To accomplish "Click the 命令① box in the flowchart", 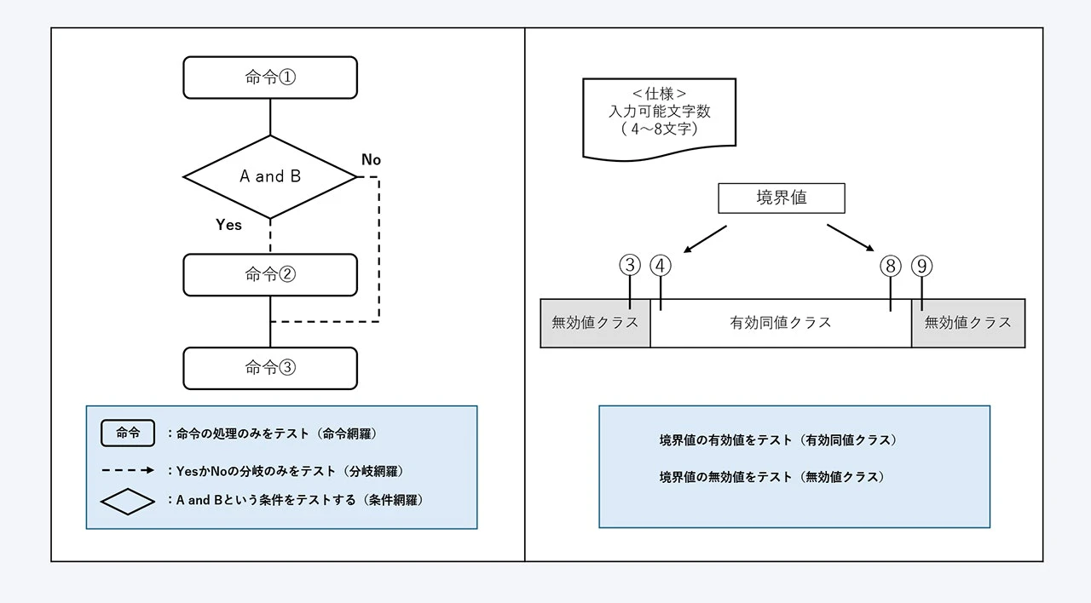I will [x=270, y=78].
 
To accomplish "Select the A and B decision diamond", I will [x=270, y=177].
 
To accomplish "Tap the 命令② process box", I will [x=270, y=274].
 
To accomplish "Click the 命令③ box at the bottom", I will [x=270, y=368].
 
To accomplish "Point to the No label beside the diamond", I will [x=371, y=160].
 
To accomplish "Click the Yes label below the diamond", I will [x=228, y=225].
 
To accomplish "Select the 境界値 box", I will [x=781, y=198].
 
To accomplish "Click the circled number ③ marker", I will [x=630, y=266].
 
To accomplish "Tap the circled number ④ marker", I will [x=661, y=266].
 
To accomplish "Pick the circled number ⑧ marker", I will [x=891, y=266].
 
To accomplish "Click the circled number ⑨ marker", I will [x=921, y=266].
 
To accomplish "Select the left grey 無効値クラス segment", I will [x=595, y=323].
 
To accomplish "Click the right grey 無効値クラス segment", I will [x=967, y=323].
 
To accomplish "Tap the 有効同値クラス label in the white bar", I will [x=780, y=323].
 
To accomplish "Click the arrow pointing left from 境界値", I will [x=705, y=238].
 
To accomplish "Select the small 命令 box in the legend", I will [x=128, y=433].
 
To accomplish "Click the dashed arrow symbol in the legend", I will [x=128, y=470].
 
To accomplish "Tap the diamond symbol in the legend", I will [x=128, y=501].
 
